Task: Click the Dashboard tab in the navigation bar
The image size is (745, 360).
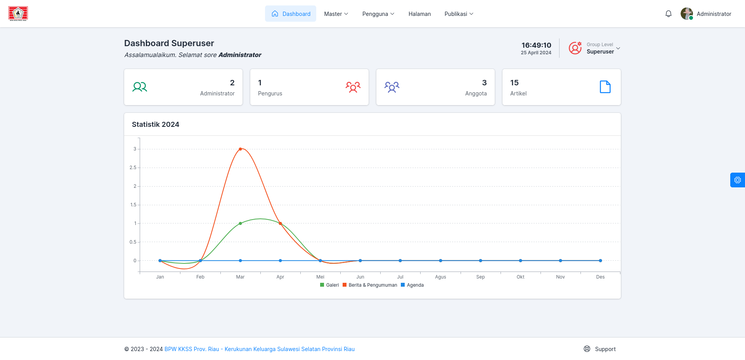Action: click(x=291, y=14)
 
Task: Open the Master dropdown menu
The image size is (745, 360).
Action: click(x=336, y=14)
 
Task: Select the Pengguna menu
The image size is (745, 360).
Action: click(x=378, y=14)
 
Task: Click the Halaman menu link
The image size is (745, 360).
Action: click(x=419, y=14)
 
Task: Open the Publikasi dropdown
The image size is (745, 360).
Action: click(x=459, y=14)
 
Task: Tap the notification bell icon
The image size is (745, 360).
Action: click(x=668, y=14)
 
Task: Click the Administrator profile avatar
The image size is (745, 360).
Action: click(x=687, y=14)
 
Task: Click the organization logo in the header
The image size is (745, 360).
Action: click(x=18, y=14)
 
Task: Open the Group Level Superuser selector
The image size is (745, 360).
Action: click(x=594, y=48)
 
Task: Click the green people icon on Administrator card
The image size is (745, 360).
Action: click(x=140, y=87)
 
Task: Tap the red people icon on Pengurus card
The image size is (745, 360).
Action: click(x=353, y=87)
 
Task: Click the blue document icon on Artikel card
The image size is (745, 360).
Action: click(x=605, y=87)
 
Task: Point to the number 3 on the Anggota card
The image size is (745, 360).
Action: click(x=484, y=83)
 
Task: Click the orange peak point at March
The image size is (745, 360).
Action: click(x=240, y=149)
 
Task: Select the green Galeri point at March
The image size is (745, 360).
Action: click(x=240, y=223)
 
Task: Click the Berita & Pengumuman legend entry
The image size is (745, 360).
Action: click(x=370, y=285)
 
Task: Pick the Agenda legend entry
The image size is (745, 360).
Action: click(x=412, y=285)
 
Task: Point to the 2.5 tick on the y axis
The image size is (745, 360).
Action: click(x=133, y=168)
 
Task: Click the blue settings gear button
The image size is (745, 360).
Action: click(x=738, y=180)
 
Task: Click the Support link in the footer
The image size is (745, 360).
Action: click(x=600, y=349)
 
